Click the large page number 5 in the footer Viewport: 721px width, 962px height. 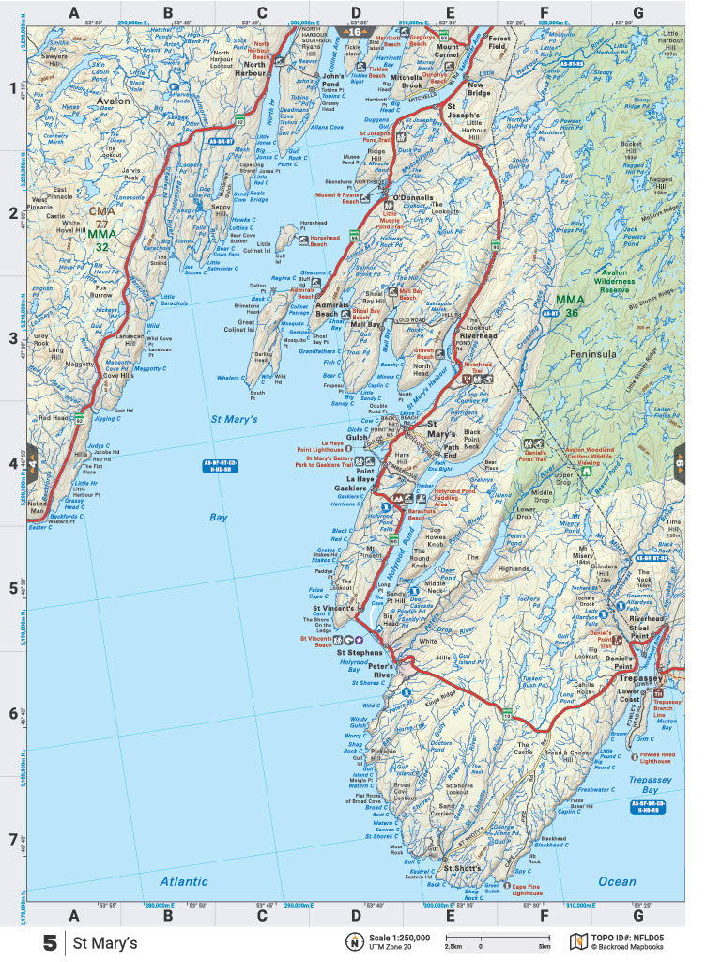50,942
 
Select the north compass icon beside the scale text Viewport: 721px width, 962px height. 355,942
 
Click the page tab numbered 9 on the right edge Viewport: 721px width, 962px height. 680,462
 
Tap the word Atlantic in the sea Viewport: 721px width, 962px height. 183,881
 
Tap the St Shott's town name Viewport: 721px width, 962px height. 461,868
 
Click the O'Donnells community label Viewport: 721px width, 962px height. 412,198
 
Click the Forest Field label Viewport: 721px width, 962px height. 498,42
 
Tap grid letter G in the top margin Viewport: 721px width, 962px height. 637,13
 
